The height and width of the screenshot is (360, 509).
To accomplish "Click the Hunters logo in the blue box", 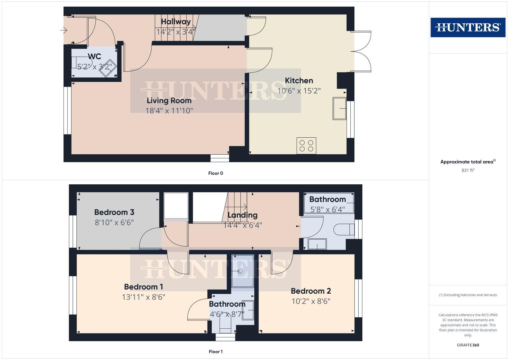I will click(468, 27).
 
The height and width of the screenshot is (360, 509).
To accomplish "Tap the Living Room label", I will click(169, 100).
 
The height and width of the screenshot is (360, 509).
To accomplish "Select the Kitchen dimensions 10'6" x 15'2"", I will click(299, 91).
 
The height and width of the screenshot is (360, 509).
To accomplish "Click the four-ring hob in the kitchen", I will click(306, 146).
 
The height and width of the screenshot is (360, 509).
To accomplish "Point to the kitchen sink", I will click(339, 108).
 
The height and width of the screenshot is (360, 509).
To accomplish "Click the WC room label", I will click(94, 56).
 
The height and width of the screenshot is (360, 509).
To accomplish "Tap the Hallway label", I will click(176, 22).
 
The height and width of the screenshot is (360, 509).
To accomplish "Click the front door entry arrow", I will click(64, 31).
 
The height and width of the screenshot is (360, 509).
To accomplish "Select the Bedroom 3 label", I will click(114, 212).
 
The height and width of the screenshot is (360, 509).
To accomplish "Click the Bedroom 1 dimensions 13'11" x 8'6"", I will click(143, 297).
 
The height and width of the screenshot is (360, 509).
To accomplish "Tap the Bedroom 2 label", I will click(311, 291).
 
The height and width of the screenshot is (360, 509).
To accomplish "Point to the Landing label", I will click(242, 215).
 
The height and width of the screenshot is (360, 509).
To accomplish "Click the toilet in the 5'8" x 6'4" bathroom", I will click(344, 229).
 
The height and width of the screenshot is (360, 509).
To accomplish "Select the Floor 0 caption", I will click(215, 173).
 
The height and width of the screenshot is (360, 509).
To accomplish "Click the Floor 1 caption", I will click(215, 352).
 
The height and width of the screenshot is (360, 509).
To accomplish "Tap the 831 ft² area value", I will click(468, 170).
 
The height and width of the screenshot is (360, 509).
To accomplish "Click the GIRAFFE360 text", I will click(468, 345).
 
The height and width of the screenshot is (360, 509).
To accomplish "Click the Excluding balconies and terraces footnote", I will click(468, 295).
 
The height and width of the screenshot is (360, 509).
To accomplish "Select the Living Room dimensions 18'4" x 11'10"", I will click(169, 111).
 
